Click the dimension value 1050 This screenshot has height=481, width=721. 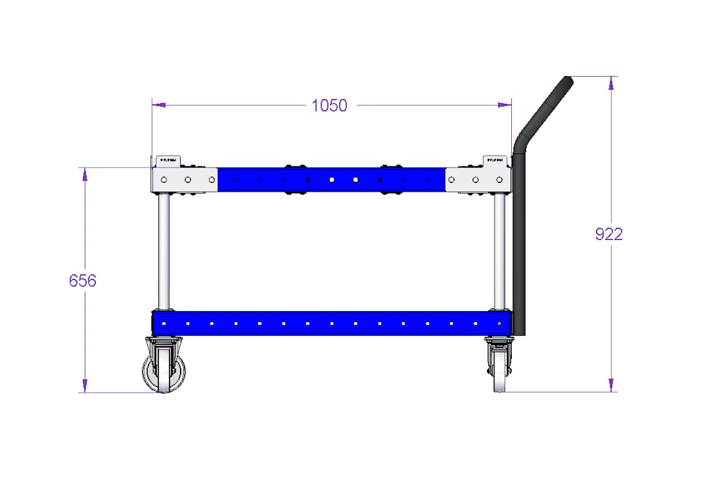(x=329, y=106)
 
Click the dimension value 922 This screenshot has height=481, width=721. (x=608, y=234)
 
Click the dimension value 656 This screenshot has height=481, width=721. (x=82, y=281)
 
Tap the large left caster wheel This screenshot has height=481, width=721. (x=164, y=372)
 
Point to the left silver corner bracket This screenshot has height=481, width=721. (x=184, y=180)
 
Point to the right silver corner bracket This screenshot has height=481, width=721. (x=478, y=180)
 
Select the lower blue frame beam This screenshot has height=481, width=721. (x=332, y=323)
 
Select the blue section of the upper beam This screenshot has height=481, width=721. (x=332, y=180)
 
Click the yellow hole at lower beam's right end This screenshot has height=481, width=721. (x=499, y=323)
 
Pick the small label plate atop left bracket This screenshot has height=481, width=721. (x=167, y=160)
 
